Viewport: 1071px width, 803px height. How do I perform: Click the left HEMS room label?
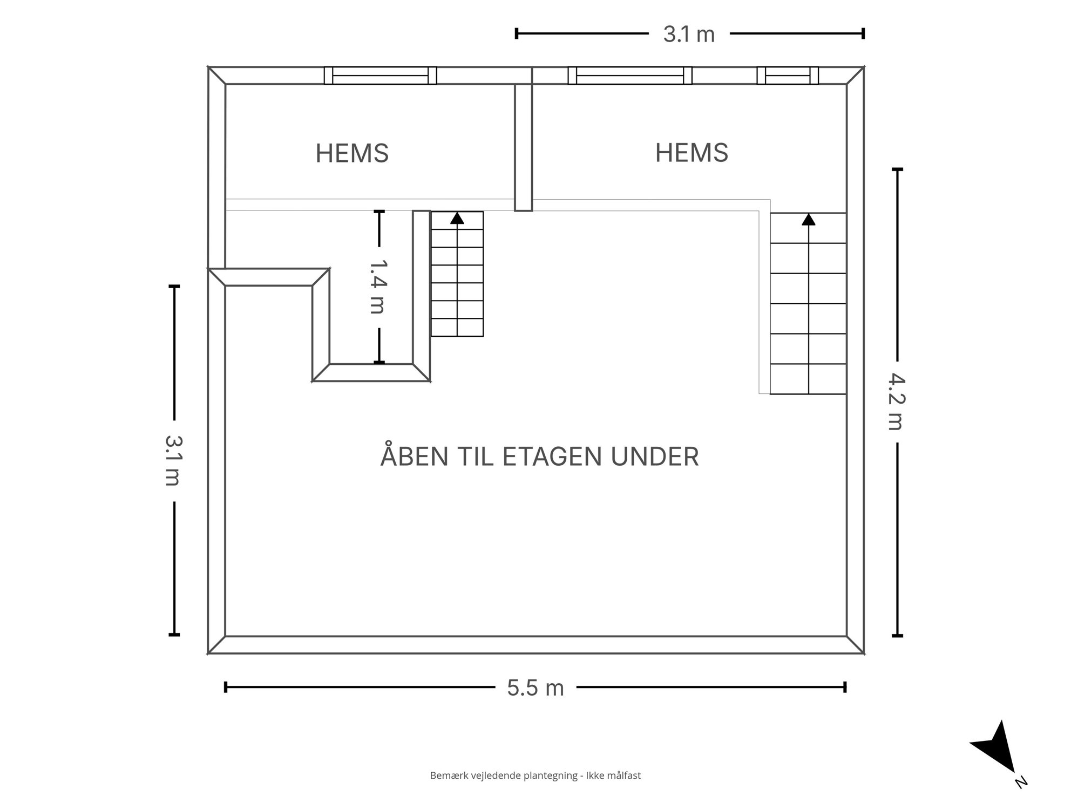coord(352,153)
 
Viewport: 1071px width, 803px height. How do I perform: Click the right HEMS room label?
coord(692,153)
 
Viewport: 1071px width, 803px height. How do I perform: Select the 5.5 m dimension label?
coord(535,688)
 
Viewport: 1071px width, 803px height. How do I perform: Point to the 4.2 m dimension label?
coord(896,401)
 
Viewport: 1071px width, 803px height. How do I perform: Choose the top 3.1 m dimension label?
coord(689,35)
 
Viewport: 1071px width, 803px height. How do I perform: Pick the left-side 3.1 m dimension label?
coord(172,460)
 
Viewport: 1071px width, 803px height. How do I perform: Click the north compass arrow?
coord(996,750)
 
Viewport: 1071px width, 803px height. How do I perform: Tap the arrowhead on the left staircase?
coord(457,218)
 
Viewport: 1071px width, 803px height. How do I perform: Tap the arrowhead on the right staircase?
coord(808,219)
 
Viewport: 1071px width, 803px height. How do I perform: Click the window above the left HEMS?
coord(380,76)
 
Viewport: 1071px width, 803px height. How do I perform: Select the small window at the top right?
coord(788,76)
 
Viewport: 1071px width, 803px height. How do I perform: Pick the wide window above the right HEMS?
coord(630,76)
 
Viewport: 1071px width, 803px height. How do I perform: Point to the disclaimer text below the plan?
coord(535,775)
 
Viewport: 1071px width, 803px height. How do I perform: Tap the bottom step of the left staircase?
coord(457,328)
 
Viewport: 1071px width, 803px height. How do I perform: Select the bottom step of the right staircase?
coord(808,379)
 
